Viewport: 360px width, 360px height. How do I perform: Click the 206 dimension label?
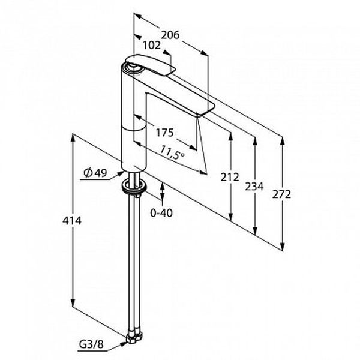pos(170,35)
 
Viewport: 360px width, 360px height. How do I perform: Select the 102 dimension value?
pos(151,45)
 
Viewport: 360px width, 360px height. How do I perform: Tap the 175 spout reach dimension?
pos(164,133)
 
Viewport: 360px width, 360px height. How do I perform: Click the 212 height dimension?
pos(230,177)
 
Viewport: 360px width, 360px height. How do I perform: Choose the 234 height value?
pos(254,186)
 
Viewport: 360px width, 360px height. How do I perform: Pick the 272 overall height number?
pos(281,194)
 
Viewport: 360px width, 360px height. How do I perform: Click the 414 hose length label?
pos(72,221)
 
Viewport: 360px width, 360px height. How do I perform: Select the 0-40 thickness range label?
pos(161,213)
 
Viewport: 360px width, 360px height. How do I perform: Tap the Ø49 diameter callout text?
pos(95,172)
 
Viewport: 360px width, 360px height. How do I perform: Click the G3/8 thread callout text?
pos(91,344)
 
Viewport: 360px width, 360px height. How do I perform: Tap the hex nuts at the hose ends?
pos(134,337)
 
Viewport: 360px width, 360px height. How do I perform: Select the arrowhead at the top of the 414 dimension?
pos(73,138)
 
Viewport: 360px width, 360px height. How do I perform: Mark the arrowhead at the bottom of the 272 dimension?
pos(283,246)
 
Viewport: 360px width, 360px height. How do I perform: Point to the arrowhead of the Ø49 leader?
pos(121,173)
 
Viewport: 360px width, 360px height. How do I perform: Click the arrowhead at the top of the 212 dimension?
pos(231,136)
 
